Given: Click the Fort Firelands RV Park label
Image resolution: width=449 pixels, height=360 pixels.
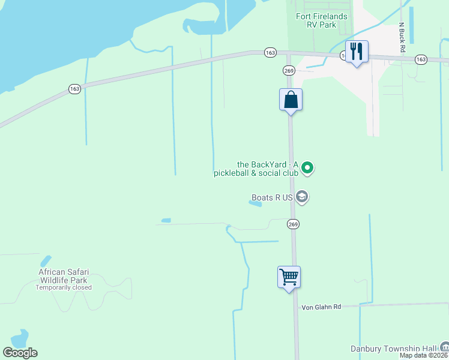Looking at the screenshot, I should pyautogui.click(x=321, y=21).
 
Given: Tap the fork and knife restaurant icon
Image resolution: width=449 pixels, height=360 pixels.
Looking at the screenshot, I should pyautogui.click(x=357, y=52).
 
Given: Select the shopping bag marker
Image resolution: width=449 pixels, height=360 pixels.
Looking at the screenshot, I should pyautogui.click(x=291, y=100).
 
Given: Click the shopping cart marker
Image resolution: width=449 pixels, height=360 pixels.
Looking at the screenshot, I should pyautogui.click(x=289, y=277).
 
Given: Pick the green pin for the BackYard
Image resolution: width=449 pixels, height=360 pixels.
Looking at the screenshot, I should pyautogui.click(x=307, y=168).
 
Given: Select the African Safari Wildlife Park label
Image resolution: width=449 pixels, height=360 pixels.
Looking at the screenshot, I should pyautogui.click(x=63, y=276).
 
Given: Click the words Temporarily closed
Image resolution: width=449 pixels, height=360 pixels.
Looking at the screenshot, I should pyautogui.click(x=63, y=287).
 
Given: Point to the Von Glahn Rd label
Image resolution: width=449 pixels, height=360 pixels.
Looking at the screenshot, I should pyautogui.click(x=321, y=307).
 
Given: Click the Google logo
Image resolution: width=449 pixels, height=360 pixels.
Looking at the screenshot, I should pyautogui.click(x=20, y=353).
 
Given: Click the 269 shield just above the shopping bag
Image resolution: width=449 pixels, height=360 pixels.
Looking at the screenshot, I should pyautogui.click(x=288, y=70).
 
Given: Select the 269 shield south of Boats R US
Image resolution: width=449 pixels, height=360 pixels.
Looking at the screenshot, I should pyautogui.click(x=293, y=224).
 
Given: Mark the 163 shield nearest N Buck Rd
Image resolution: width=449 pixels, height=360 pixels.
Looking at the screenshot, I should pyautogui.click(x=420, y=59).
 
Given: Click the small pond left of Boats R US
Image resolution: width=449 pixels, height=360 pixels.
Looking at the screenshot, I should pyautogui.click(x=255, y=203).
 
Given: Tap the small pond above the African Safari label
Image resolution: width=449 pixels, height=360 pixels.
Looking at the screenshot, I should pyautogui.click(x=46, y=261).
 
